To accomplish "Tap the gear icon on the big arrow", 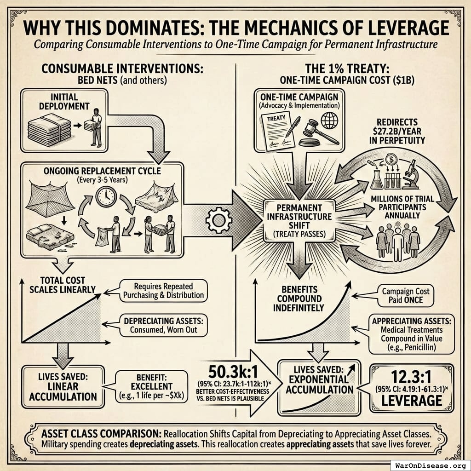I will [215, 220].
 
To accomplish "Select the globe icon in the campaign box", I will [329, 120].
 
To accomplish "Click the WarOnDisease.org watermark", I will [429, 464].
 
